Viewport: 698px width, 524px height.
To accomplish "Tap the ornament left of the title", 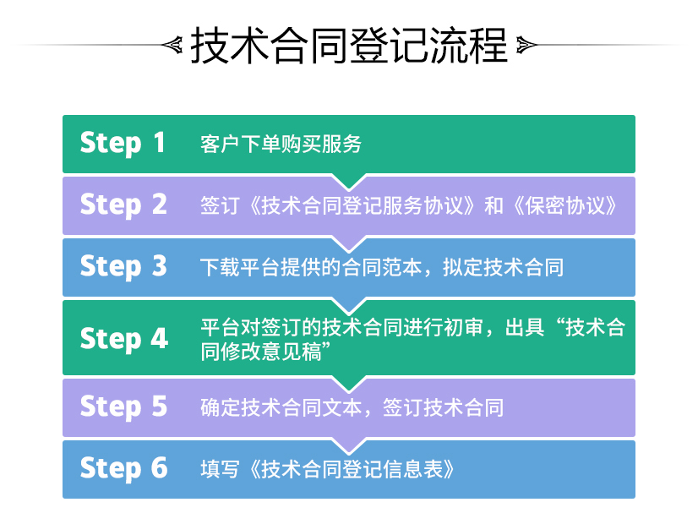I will tap(172, 45).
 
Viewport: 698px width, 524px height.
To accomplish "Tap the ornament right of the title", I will tap(526, 45).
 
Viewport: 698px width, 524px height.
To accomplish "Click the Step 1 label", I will tap(123, 144).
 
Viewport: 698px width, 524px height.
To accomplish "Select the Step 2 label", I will tap(123, 205).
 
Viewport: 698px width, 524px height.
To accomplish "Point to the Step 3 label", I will tap(123, 267).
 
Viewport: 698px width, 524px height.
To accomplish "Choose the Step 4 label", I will tap(123, 339).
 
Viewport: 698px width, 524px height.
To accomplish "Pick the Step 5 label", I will tap(123, 407).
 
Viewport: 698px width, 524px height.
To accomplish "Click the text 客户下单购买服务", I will tap(281, 145).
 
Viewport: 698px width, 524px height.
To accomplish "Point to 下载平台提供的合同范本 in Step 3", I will tap(312, 268).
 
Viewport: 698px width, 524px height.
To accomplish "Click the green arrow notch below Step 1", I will tap(349, 181).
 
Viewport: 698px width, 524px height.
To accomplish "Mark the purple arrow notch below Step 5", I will tap(349, 445).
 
